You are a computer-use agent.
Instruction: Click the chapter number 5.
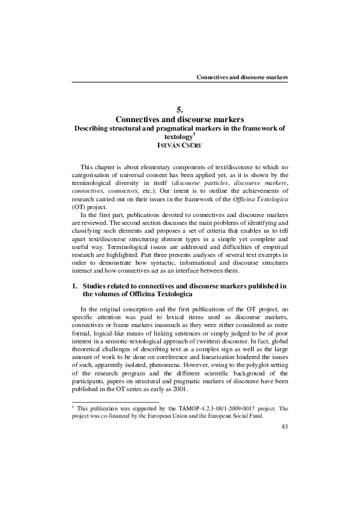[180, 109]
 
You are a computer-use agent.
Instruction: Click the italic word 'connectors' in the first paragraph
[126, 189]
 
